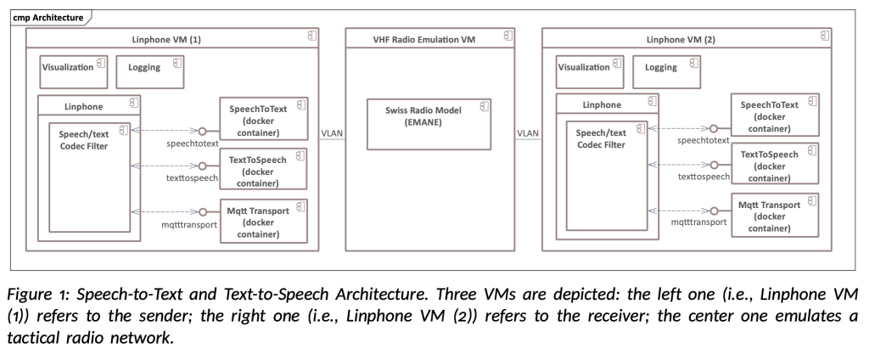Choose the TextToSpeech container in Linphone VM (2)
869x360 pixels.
(x=776, y=166)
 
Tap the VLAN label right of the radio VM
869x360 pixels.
(x=529, y=133)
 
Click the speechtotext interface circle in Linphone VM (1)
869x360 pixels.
(x=202, y=132)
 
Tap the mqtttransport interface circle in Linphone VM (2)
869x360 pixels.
(x=716, y=209)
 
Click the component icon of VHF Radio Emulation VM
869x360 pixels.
(x=508, y=36)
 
